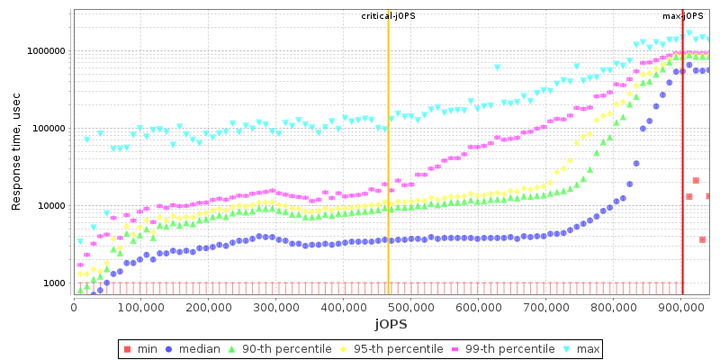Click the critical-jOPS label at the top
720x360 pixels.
tap(388, 16)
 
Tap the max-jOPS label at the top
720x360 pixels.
tap(682, 16)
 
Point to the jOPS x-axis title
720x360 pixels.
tap(391, 323)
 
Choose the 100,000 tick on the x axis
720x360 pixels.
tap(140, 306)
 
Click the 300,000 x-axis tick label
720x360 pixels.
tap(275, 306)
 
